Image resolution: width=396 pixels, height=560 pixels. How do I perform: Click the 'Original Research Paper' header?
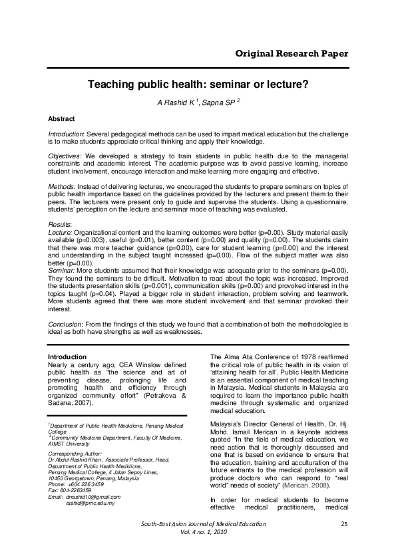(292, 53)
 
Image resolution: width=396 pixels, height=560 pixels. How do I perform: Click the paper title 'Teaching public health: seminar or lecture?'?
(198, 85)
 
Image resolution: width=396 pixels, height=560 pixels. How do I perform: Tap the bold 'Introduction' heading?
(68, 356)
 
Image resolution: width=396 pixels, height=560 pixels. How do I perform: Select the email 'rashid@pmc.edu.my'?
(91, 503)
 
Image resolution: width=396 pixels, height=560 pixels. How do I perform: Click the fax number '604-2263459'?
(81, 491)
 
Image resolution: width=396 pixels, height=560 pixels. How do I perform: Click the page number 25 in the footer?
(344, 543)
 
